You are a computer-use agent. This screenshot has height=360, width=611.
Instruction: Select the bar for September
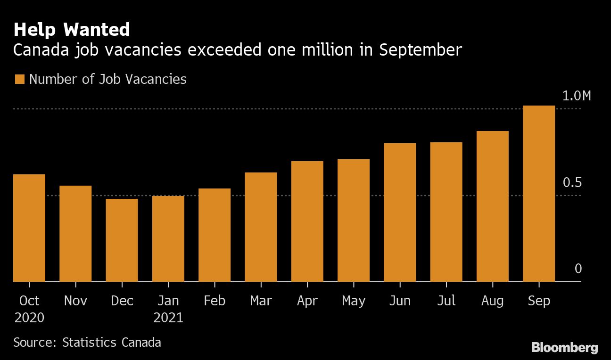pos(539,193)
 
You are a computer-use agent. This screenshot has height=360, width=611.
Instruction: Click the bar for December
pos(122,240)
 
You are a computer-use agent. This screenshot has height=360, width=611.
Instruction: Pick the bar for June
pos(400,212)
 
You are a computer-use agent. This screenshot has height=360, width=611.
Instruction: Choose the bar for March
pos(261,227)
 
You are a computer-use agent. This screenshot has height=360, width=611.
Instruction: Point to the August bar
pos(493,206)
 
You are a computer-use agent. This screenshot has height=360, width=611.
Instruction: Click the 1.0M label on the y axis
pos(576,96)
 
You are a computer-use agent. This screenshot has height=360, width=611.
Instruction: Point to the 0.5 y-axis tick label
pos(572,183)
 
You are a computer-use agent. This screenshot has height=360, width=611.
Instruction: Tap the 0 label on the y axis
pos(578,269)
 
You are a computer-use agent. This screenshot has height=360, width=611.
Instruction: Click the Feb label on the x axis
pos(215,301)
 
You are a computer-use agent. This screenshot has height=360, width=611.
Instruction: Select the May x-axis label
pos(354,301)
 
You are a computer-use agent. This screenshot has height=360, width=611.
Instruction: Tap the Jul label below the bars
pos(446,301)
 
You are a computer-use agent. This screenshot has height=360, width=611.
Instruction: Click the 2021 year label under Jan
pos(168,318)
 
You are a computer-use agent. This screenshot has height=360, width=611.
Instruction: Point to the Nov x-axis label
pos(75,301)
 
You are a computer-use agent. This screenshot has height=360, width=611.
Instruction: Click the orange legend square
pos(19,79)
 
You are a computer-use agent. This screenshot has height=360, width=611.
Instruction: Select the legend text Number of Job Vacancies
pos(108,79)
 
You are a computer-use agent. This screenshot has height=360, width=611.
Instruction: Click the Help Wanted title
pos(72,30)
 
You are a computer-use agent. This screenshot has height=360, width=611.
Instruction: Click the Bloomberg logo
pos(564,348)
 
